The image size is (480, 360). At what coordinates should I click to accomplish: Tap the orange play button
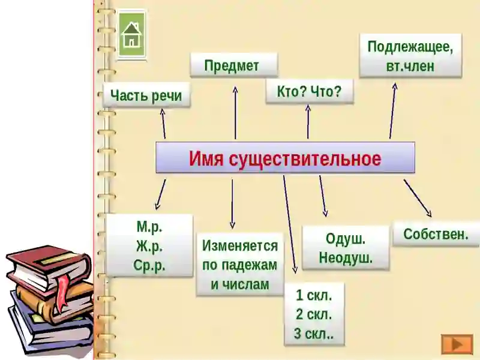click(x=457, y=344)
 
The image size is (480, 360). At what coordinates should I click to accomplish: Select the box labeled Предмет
click(x=234, y=65)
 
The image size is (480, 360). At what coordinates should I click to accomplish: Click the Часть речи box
click(x=146, y=95)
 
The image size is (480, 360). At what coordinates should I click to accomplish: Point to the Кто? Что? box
click(x=310, y=91)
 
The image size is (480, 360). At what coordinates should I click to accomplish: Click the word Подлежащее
click(x=410, y=47)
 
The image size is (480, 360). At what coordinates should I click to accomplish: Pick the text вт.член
click(x=410, y=66)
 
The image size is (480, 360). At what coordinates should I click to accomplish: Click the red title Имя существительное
click(x=285, y=158)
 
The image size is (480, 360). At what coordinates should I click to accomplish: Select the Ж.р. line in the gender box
click(x=149, y=246)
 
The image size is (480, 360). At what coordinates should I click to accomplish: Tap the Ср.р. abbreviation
click(x=149, y=265)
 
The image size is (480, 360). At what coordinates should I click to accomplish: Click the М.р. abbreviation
click(x=149, y=227)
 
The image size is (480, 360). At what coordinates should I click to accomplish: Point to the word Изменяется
click(x=240, y=245)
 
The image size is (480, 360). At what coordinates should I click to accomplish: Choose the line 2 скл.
click(x=314, y=314)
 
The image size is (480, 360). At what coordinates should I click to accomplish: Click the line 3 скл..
click(x=314, y=334)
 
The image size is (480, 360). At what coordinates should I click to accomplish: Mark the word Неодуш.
click(x=346, y=258)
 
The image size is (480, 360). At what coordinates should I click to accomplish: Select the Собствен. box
click(x=436, y=234)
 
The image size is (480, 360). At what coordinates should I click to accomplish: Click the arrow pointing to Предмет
click(x=235, y=113)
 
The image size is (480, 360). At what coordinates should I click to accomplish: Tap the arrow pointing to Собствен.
click(x=418, y=199)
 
